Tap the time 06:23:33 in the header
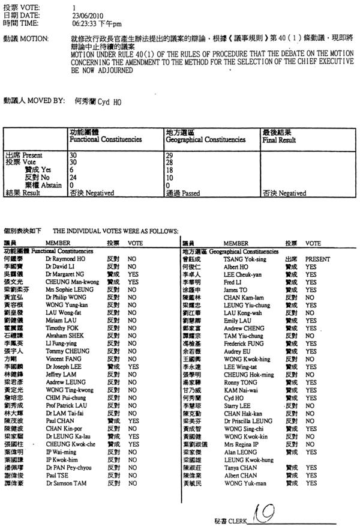pos(85,23)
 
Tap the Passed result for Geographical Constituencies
pos(182,193)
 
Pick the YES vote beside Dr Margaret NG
pos(133,273)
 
